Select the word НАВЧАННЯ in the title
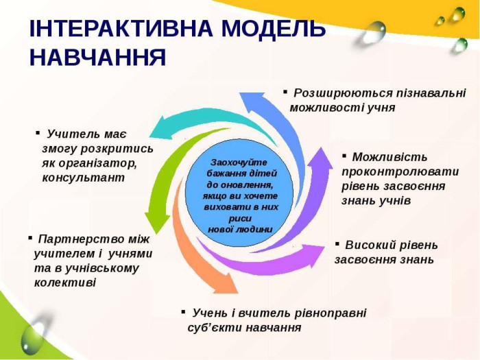click(x=98, y=57)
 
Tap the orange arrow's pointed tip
click(x=238, y=293)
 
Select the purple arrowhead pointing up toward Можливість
click(x=321, y=148)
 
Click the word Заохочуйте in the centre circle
click(x=239, y=163)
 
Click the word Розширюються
click(x=343, y=93)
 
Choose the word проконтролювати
click(x=400, y=171)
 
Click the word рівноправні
click(x=331, y=313)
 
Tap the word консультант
click(x=83, y=178)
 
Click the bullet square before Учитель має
click(x=38, y=132)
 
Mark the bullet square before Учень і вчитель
click(x=183, y=311)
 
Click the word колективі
click(x=65, y=283)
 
